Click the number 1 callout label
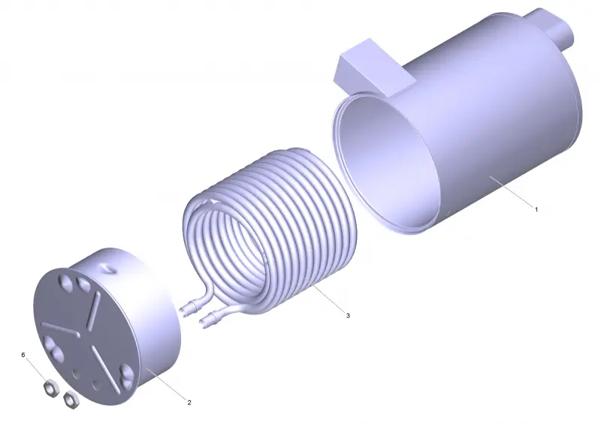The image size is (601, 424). (536, 209)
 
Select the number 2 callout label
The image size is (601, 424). (189, 402)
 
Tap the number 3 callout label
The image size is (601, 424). (348, 316)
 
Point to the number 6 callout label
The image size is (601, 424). (23, 355)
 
